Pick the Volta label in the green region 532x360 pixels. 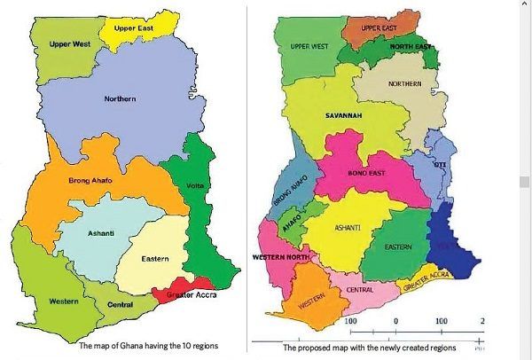196,185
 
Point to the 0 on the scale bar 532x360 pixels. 395,320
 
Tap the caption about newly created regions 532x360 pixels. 371,348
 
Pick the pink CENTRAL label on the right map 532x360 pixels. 358,289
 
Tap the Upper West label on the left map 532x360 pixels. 68,43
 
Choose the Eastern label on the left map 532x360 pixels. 156,259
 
